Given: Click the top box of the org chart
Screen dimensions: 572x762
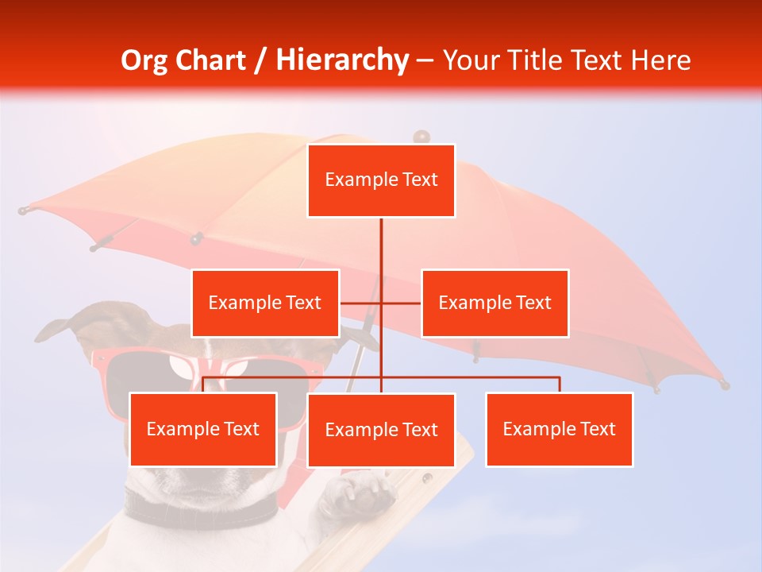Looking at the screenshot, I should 381,180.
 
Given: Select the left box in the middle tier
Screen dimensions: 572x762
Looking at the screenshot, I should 265,303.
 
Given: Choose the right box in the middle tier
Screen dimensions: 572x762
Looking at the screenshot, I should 495,303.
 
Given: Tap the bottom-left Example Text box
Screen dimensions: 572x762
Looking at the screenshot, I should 203,429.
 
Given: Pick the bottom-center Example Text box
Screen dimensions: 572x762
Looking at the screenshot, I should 381,430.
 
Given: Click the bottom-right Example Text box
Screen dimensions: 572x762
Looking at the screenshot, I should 559,429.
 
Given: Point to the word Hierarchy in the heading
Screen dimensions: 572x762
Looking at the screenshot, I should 341,60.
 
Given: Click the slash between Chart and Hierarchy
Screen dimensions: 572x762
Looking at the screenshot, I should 261,60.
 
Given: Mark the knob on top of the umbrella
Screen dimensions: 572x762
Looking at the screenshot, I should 421,137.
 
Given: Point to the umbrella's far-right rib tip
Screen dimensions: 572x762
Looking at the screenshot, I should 724,385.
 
